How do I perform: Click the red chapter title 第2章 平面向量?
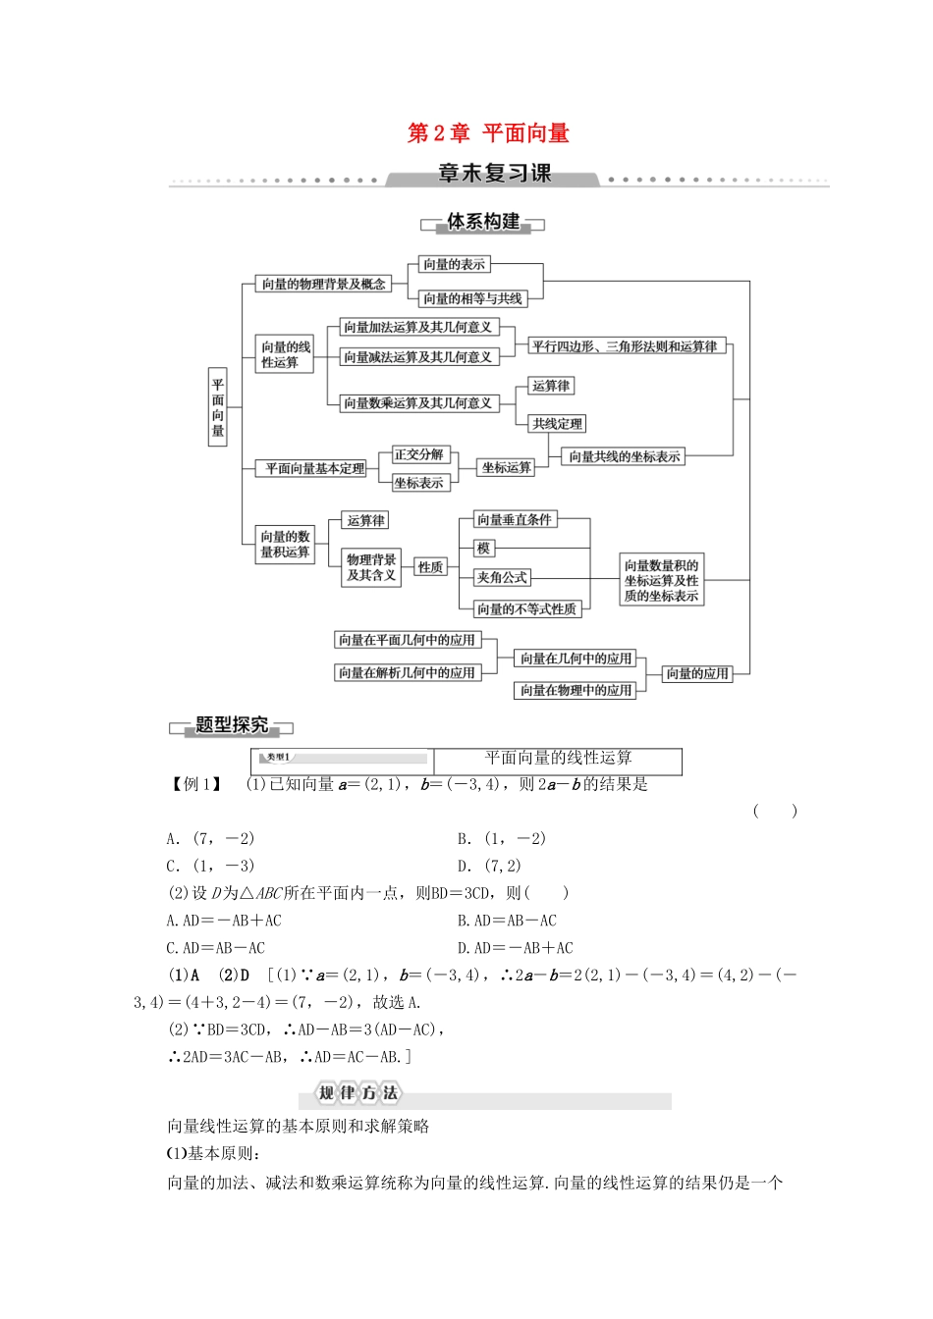tap(488, 133)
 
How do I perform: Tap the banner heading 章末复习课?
tap(494, 174)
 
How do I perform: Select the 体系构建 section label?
tap(482, 222)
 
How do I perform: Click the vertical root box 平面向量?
tap(218, 407)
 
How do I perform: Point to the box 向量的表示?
tap(454, 264)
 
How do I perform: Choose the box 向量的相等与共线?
tap(472, 298)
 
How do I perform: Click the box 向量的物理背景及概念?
tap(323, 284)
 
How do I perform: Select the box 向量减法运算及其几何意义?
tap(417, 357)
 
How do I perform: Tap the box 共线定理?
tap(557, 424)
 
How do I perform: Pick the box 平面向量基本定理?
tap(314, 469)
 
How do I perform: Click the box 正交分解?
tap(419, 454)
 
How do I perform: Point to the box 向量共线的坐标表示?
tap(625, 456)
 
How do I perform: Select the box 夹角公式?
tap(502, 578)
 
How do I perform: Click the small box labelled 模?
tap(482, 549)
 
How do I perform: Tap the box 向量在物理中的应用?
tap(576, 690)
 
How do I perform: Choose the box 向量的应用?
tap(697, 673)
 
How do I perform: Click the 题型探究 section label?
tap(232, 725)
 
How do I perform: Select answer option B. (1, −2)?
tap(501, 838)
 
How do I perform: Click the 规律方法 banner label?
tap(357, 1093)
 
